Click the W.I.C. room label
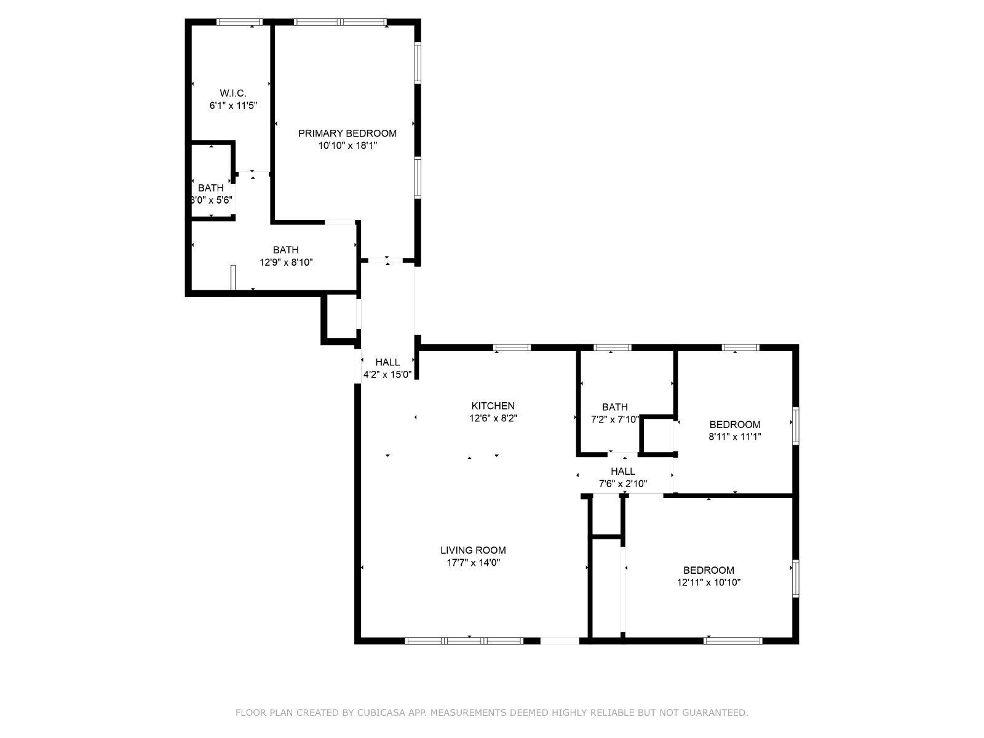(x=232, y=93)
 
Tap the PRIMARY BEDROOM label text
(x=347, y=133)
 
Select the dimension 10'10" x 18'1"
(x=347, y=145)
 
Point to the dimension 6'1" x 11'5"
(x=233, y=106)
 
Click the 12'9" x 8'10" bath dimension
(x=286, y=262)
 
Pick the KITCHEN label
(x=493, y=406)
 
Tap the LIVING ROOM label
(x=473, y=550)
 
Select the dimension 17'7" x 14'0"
(x=473, y=563)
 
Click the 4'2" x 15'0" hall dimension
(x=387, y=375)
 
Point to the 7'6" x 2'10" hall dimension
(x=622, y=484)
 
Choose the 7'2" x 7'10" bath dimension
(x=614, y=419)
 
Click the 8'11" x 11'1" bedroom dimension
(x=735, y=437)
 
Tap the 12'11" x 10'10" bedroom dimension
(x=708, y=582)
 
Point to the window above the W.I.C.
(x=239, y=22)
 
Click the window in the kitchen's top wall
(x=512, y=347)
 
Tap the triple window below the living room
(x=464, y=641)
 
